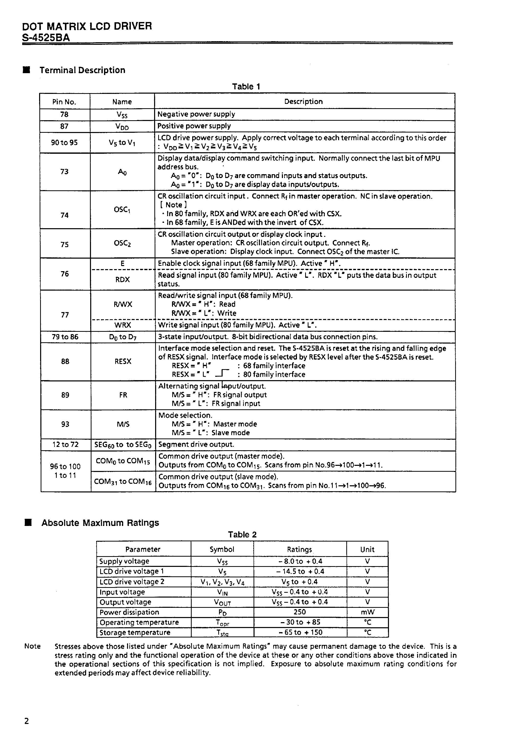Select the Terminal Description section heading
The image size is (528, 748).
(x=82, y=70)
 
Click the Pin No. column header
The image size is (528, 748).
(x=64, y=102)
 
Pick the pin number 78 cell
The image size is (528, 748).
(x=64, y=114)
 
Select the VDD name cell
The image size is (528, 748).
(x=122, y=127)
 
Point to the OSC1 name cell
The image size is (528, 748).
(x=122, y=210)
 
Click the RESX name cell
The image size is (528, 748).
(x=123, y=361)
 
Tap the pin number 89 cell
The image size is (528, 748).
(x=65, y=395)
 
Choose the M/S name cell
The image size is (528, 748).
(x=123, y=424)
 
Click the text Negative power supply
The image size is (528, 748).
(x=196, y=114)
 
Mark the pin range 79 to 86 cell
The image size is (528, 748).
(x=65, y=337)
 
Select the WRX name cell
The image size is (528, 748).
(x=123, y=325)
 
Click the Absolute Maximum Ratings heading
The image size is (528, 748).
(x=100, y=523)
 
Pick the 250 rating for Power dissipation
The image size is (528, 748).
(x=300, y=612)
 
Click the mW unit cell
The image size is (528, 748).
(x=367, y=612)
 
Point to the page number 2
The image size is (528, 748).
(x=27, y=721)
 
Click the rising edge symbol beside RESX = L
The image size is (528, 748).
(x=223, y=373)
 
